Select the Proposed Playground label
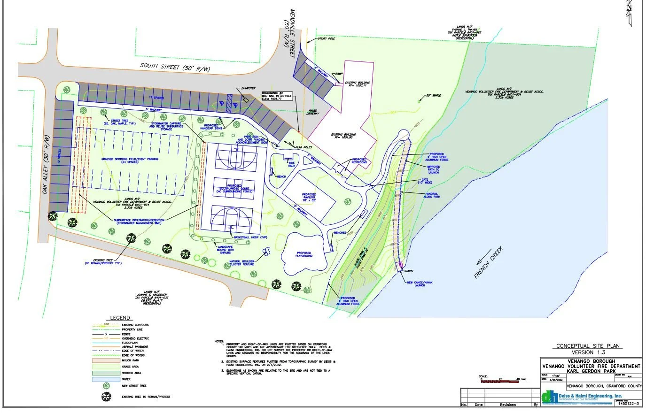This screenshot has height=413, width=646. pyautogui.click(x=304, y=255)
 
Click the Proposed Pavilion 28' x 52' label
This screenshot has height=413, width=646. pyautogui.click(x=309, y=198)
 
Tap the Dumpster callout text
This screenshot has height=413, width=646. pyautogui.click(x=249, y=88)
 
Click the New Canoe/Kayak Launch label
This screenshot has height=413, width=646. pyautogui.click(x=416, y=283)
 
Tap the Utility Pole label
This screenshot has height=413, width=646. pyautogui.click(x=327, y=38)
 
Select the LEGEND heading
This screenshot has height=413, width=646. pyautogui.click(x=120, y=318)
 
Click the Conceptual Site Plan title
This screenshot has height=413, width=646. pyautogui.click(x=588, y=346)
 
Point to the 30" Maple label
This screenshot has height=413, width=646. pyautogui.click(x=435, y=96)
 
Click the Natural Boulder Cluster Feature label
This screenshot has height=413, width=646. pyautogui.click(x=242, y=263)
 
